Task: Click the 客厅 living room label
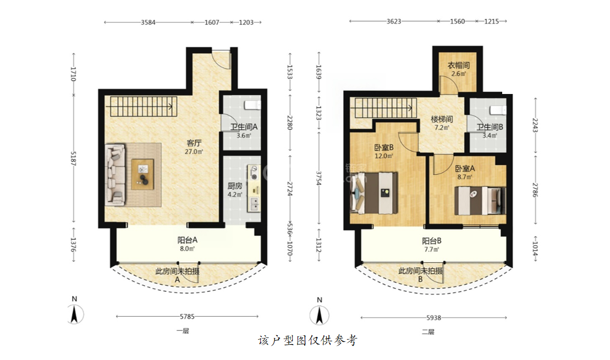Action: pos(194,143)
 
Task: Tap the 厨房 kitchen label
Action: pos(234,186)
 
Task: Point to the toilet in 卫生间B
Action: pos(498,110)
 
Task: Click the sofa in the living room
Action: pos(115,175)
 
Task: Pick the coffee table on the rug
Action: pos(142,174)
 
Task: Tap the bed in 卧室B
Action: pos(374,193)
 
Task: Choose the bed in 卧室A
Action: pos(480,201)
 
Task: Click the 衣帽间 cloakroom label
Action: pos(458,65)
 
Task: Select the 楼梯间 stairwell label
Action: pos(442,119)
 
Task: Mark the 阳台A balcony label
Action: pos(187,240)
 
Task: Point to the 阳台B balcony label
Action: pos(431,241)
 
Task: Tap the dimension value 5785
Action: pos(187,317)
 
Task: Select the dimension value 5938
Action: pos(433,318)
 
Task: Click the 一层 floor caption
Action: pos(183,331)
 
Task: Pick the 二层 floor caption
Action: pos(428,331)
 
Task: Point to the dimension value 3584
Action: pos(148,22)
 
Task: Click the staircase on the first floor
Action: pos(144,107)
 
